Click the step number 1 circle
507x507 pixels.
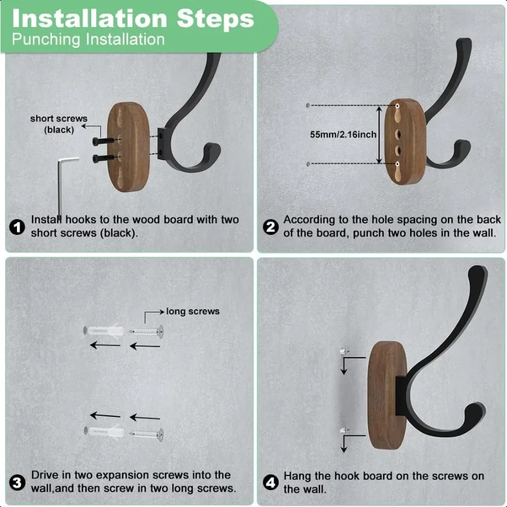(x=17, y=227)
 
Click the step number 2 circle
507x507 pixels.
(x=271, y=227)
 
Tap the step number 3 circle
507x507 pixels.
(x=17, y=483)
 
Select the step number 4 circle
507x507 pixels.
(x=271, y=483)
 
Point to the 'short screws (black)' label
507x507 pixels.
(x=59, y=124)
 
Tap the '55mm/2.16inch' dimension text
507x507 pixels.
(x=343, y=135)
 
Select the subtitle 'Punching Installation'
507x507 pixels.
(x=88, y=39)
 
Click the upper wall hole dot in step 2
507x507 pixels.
(x=308, y=105)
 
